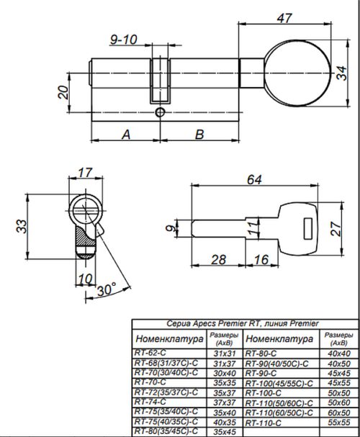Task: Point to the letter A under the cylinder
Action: pos(126,134)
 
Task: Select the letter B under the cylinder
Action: pos(199,134)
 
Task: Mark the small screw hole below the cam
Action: pos(160,113)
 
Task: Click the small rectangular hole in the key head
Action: pos(307,232)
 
